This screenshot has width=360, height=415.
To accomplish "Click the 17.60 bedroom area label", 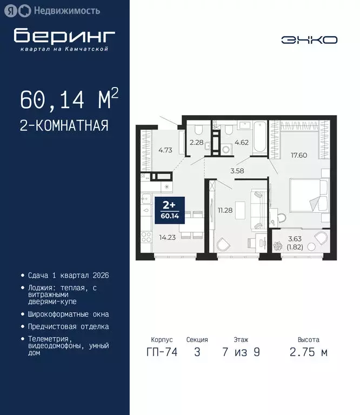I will coord(298,156).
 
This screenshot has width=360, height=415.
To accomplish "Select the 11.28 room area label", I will coord(225,210).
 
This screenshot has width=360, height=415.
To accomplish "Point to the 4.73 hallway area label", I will coord(164,151).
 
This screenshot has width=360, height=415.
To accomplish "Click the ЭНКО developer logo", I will coord(309,40).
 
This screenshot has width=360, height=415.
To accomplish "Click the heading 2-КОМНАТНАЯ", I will coord(64,126).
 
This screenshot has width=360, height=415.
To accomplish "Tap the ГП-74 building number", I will coord(162,352).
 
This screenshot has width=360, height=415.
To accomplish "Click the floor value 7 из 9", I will coord(241,352).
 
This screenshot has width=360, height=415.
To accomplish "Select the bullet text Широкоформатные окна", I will coord(68,314).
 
